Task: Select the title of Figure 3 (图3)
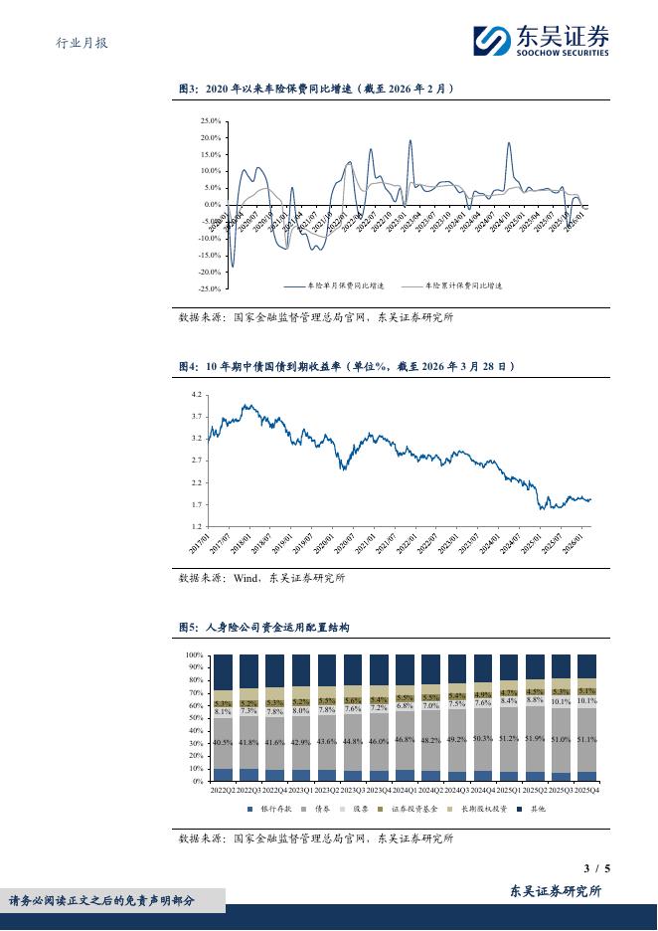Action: click(316, 89)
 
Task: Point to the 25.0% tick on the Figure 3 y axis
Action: click(210, 120)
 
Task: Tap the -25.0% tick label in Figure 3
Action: click(209, 288)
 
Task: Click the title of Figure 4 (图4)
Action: click(346, 367)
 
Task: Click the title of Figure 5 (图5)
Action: click(262, 628)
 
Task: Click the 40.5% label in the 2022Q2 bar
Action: click(224, 743)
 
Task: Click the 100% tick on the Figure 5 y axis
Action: click(195, 655)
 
